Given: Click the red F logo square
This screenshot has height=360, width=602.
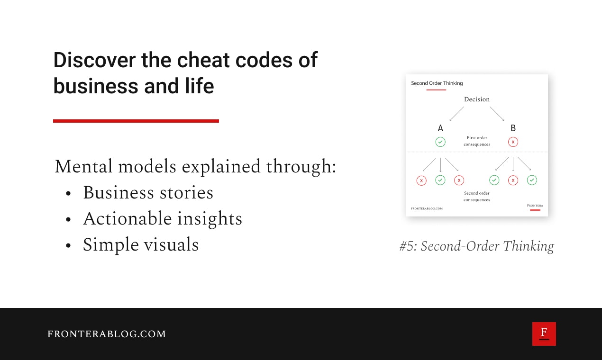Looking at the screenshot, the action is click(544, 333).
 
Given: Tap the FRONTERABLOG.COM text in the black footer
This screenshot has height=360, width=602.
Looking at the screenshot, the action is click(107, 334).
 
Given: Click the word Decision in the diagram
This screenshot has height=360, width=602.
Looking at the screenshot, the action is click(477, 99).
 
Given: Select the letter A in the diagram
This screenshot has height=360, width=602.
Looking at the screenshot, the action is click(440, 128).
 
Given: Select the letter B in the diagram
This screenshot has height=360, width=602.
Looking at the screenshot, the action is click(513, 128).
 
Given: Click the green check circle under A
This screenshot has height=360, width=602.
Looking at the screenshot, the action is click(440, 142).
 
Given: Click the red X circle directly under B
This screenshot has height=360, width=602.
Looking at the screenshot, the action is click(513, 142).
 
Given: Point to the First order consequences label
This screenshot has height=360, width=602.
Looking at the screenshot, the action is click(477, 141).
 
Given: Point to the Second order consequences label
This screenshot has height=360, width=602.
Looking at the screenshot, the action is click(477, 197).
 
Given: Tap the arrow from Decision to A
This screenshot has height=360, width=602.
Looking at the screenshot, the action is click(456, 114).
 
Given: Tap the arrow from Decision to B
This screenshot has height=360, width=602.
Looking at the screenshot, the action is click(497, 114).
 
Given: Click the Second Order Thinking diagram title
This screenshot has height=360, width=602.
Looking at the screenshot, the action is click(437, 83).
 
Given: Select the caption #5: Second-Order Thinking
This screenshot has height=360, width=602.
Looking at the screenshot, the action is click(476, 246).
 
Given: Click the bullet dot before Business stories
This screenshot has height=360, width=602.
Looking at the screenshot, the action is click(68, 193).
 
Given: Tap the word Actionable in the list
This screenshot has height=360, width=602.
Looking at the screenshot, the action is click(127, 218).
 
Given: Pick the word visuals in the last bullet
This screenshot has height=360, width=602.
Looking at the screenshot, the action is click(171, 244).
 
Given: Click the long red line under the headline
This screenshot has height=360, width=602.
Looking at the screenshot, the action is click(136, 121).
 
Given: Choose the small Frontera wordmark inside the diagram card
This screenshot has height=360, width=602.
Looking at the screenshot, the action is click(535, 206).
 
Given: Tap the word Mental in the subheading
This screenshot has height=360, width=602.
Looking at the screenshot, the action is click(83, 166).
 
